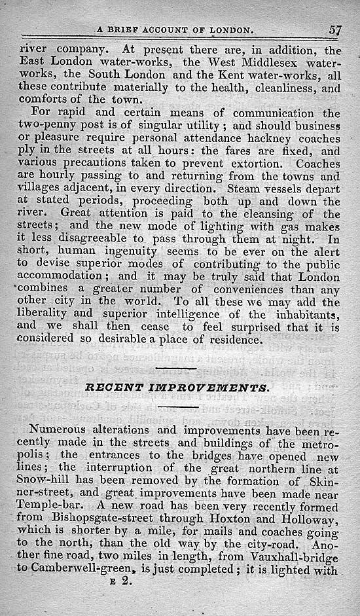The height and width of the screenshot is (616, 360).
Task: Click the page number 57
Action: tap(336, 29)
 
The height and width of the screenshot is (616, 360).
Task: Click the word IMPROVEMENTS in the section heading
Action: tap(204, 387)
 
